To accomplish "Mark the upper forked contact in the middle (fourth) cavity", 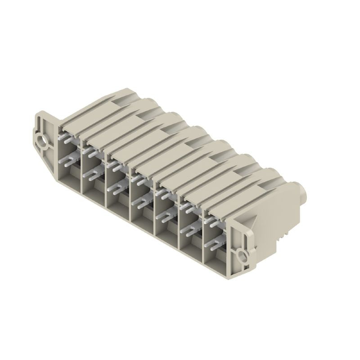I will click(x=140, y=180).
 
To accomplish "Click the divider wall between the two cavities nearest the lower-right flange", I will click(x=203, y=238).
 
